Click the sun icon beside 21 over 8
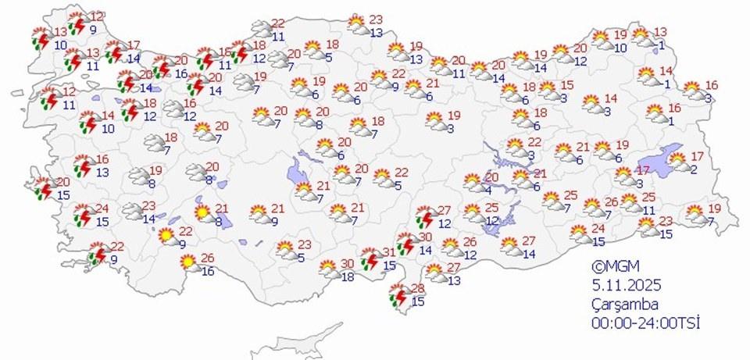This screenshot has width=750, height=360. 202,212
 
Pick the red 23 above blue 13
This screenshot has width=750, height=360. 376,20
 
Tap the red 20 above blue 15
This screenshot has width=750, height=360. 63,182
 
